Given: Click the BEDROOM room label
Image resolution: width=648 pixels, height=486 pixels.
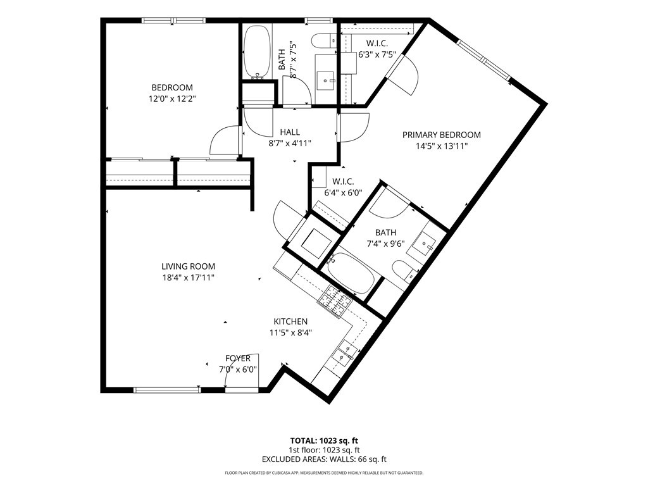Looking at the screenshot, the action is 172,87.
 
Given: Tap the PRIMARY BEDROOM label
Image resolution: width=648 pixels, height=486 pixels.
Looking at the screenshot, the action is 441,135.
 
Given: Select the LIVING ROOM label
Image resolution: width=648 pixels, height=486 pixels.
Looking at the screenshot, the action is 188,266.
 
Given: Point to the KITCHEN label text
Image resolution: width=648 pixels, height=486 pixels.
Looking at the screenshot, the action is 290,321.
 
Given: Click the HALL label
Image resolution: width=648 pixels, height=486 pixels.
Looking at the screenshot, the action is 290,132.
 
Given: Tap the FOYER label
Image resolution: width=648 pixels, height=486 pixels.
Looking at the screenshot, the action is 238,358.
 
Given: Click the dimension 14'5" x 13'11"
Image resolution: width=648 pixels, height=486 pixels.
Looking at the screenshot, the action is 441,146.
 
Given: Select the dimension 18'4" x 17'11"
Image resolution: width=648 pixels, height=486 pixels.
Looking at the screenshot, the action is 188,278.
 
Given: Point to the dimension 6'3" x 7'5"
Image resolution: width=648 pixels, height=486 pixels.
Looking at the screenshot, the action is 377,54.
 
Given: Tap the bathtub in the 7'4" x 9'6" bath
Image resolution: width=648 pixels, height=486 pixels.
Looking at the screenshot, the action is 351,273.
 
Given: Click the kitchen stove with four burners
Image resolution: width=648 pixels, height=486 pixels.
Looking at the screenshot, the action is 334,301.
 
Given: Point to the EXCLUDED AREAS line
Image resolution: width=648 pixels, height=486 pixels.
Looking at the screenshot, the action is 324,459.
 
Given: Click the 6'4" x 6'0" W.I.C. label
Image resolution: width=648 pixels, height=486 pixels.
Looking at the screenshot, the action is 343,187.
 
